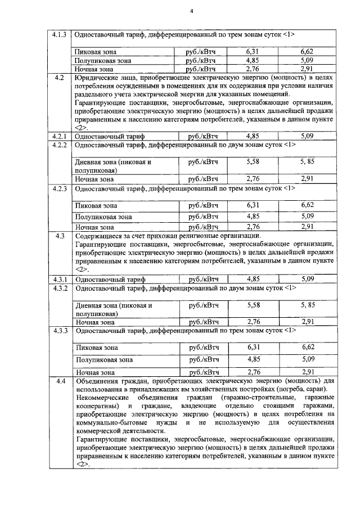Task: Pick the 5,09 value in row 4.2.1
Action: [x=307, y=136]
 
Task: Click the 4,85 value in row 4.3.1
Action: [x=254, y=278]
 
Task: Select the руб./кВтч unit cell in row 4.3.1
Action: [x=203, y=278]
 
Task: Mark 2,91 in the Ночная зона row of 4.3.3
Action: [x=307, y=372]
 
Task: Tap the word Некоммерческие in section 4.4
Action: [x=103, y=398]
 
